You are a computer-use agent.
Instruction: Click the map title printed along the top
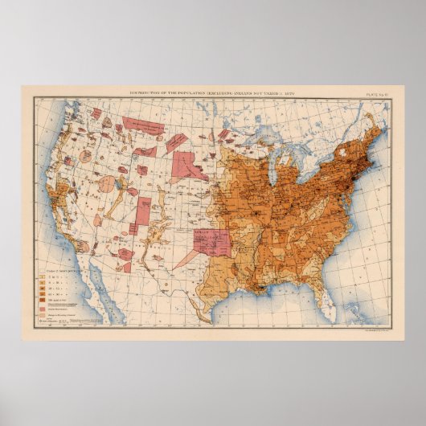[212, 93]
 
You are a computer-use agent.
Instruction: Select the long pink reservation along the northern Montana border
[142, 125]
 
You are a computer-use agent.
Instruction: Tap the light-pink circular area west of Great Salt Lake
[105, 184]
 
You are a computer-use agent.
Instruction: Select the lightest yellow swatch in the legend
[43, 276]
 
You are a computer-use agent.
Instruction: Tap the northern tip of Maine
[377, 113]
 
